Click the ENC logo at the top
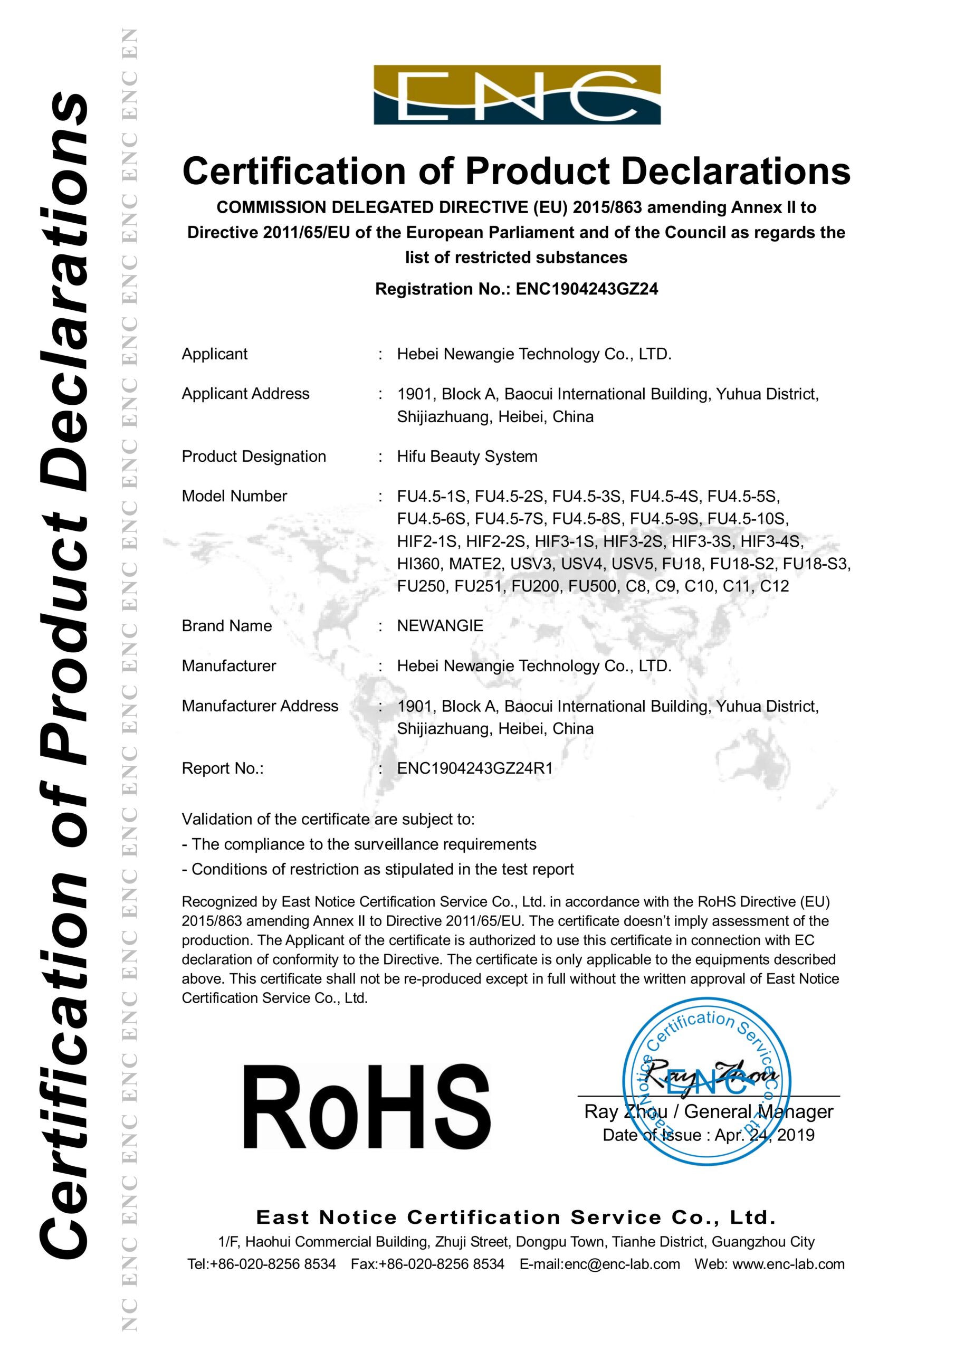(x=517, y=95)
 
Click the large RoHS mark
(x=366, y=1106)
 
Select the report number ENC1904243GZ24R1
(x=475, y=768)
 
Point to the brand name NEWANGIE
(x=440, y=625)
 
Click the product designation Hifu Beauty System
(x=467, y=456)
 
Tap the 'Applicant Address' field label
(x=245, y=394)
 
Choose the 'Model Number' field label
(x=234, y=496)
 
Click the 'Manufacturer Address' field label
(x=260, y=706)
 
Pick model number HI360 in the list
(x=418, y=564)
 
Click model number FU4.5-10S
(x=747, y=518)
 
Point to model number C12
(x=775, y=586)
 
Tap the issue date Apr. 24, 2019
(x=765, y=1135)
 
